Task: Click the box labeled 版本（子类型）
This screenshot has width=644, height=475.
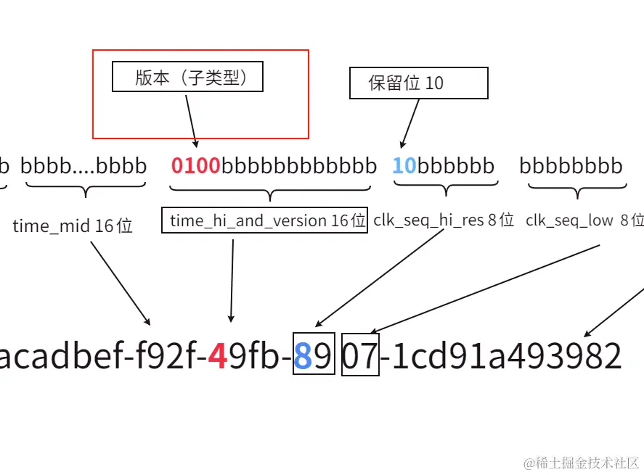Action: [187, 77]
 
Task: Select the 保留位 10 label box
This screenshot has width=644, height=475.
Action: [418, 83]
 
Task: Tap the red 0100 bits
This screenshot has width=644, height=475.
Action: [196, 166]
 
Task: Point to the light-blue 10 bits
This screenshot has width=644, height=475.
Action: [404, 166]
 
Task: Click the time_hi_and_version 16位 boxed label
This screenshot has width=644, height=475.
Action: [268, 221]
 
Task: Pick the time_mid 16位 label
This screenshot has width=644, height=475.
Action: [73, 226]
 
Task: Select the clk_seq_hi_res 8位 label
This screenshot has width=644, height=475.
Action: [444, 220]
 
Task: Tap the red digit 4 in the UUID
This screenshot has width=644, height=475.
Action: [217, 356]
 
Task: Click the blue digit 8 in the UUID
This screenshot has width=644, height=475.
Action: [303, 356]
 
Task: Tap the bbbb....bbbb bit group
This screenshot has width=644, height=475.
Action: [83, 166]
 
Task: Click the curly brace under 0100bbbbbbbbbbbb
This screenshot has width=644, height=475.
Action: [270, 192]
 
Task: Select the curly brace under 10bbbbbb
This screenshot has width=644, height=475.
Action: [444, 189]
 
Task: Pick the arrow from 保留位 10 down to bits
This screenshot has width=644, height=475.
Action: [410, 123]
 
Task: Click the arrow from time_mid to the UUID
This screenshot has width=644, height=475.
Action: [120, 282]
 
